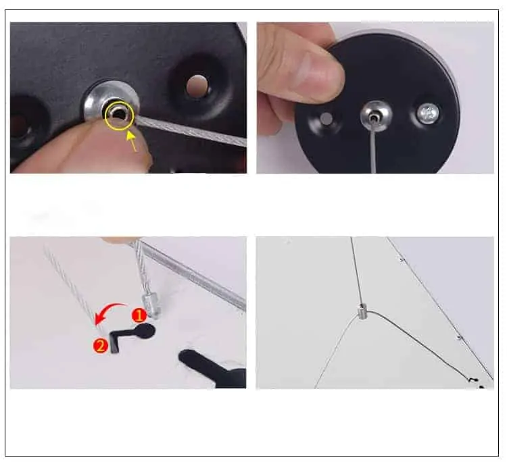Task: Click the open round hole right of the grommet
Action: [197, 85]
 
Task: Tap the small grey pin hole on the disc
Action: [325, 119]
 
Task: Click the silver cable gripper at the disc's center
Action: [374, 111]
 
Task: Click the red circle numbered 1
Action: [137, 315]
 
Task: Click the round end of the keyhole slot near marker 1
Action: [145, 330]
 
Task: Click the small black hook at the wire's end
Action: [475, 382]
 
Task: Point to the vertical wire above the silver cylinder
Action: [356, 270]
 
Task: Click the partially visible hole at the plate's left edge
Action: [18, 125]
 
